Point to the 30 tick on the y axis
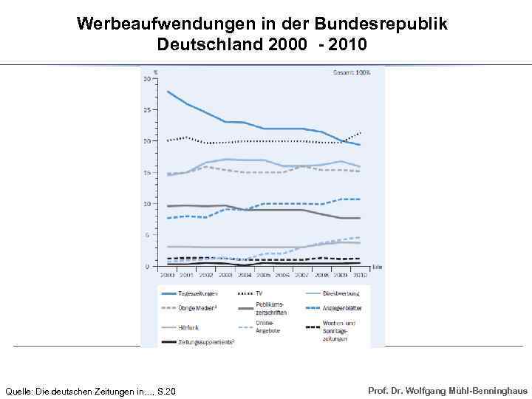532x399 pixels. pos(148,78)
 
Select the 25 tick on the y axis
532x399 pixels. pos(148,109)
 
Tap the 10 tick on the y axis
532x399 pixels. pos(148,203)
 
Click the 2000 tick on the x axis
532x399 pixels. pos(167,275)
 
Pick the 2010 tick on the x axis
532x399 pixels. pos(360,275)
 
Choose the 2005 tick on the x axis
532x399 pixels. pos(264,275)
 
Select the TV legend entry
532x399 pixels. pos(259,293)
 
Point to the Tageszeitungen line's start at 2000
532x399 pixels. pos(168,91)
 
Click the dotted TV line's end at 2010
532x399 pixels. pos(360,133)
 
